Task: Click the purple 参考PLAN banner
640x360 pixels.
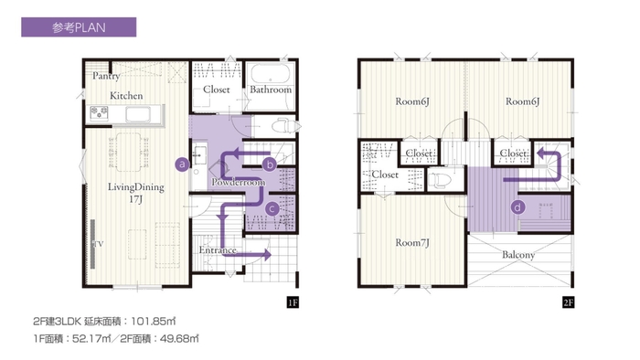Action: click(79, 26)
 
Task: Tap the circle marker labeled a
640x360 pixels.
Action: click(183, 164)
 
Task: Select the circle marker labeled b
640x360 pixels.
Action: click(270, 164)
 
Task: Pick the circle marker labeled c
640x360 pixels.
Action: click(272, 209)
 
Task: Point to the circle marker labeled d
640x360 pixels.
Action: click(517, 207)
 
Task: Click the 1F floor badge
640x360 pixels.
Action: click(293, 302)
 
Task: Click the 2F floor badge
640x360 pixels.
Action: click(568, 302)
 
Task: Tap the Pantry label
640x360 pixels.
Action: click(106, 76)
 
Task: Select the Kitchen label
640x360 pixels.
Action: click(126, 96)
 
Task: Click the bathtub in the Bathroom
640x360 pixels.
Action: click(271, 73)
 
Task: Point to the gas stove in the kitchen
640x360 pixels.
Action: click(99, 113)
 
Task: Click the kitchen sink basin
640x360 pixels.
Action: click(138, 114)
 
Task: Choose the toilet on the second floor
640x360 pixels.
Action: click(438, 179)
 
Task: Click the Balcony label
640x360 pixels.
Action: click(518, 255)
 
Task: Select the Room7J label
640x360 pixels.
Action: click(412, 243)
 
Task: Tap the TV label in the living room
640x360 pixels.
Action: click(99, 244)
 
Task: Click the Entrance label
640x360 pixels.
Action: click(218, 250)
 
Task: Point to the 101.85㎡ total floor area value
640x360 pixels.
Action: click(153, 322)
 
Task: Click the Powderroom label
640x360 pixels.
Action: click(239, 182)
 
